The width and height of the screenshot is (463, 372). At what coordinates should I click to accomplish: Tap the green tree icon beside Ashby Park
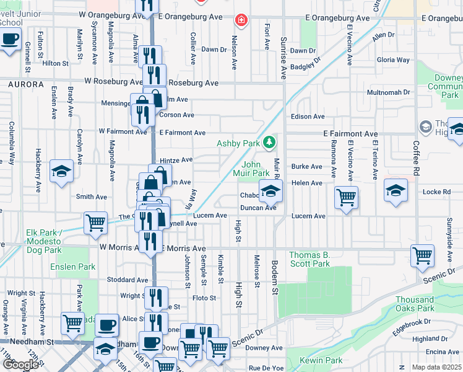(x=269, y=143)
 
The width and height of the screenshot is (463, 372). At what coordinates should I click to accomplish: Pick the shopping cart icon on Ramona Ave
(x=346, y=197)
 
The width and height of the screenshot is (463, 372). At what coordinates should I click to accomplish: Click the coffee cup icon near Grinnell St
(x=9, y=39)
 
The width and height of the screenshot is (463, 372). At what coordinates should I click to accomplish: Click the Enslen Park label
(x=73, y=267)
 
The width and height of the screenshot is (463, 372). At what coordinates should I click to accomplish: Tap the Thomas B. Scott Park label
(x=309, y=259)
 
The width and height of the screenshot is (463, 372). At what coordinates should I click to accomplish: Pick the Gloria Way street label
(x=393, y=60)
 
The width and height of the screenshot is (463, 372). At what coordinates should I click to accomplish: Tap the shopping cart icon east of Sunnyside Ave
(x=422, y=255)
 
